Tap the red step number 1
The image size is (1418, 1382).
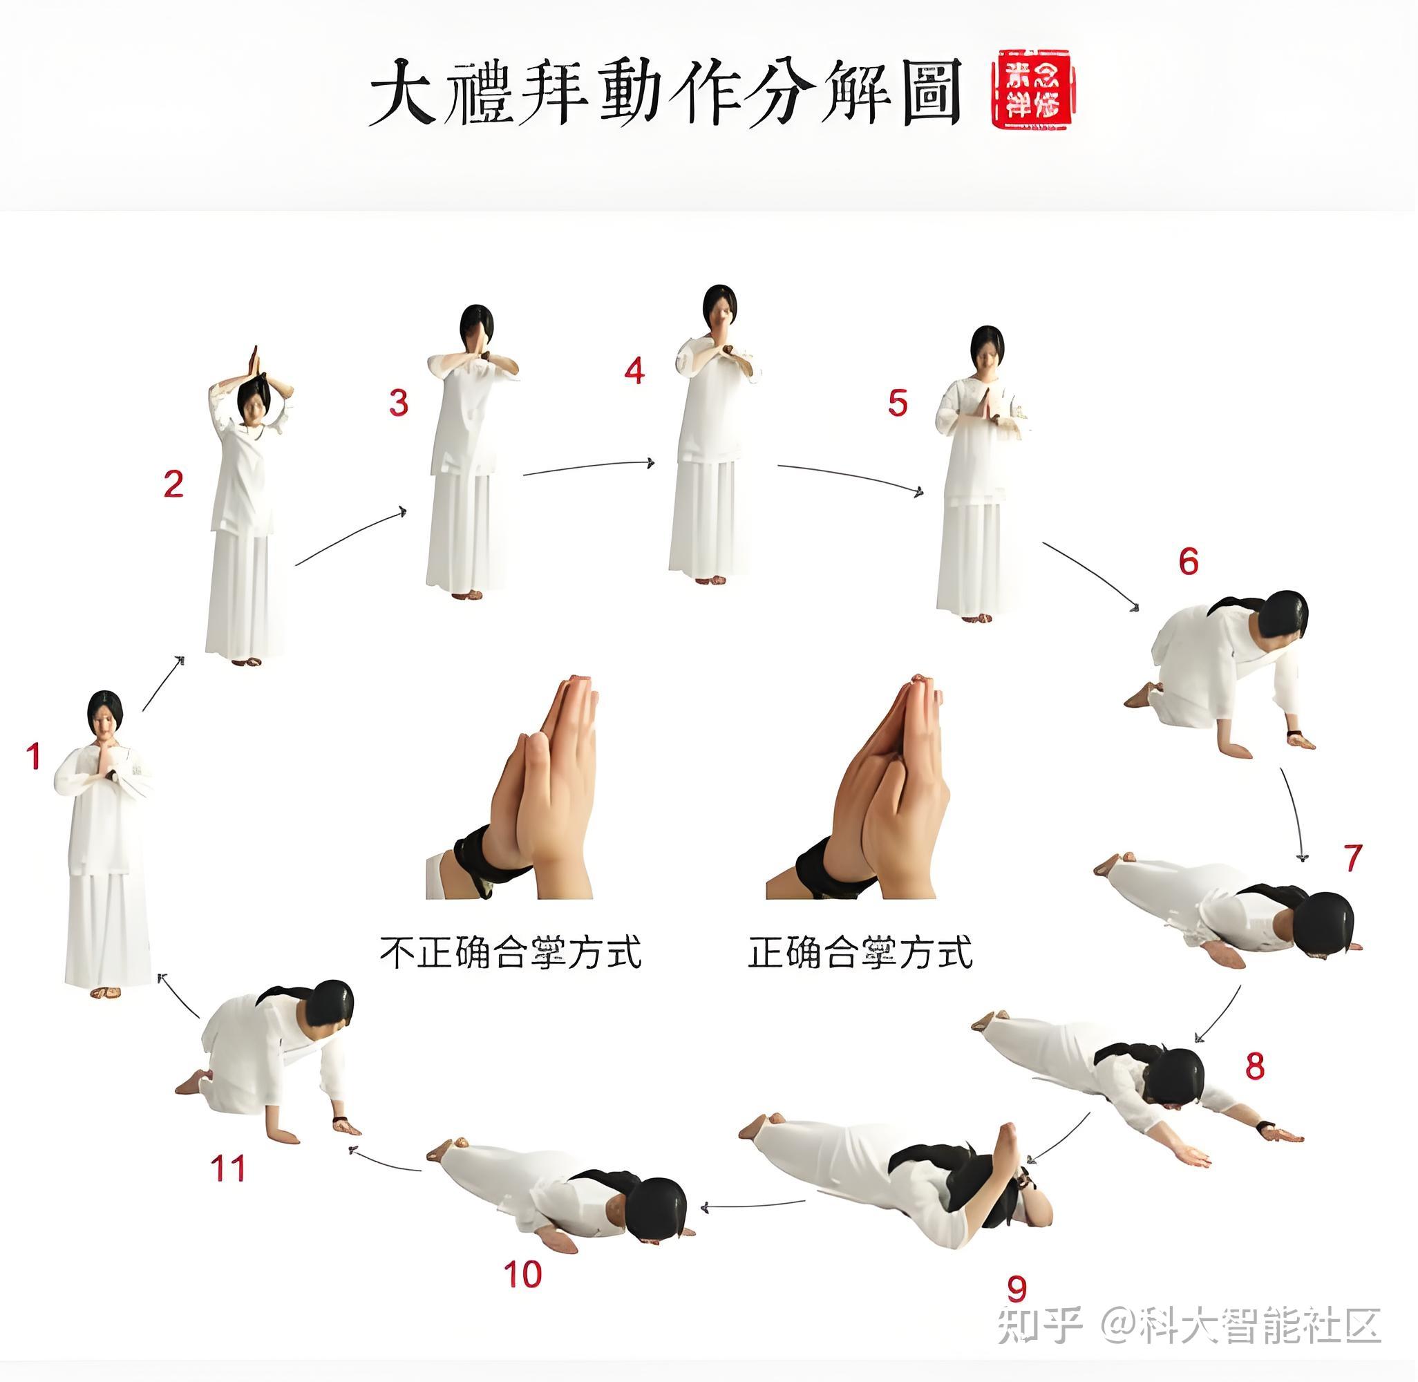[x=32, y=757]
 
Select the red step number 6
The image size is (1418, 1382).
[x=1188, y=562]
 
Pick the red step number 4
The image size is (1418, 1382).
[x=634, y=371]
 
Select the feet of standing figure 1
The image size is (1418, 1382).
[x=106, y=992]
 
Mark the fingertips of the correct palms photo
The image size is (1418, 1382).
[x=920, y=682]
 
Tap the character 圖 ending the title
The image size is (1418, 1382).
[x=932, y=93]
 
